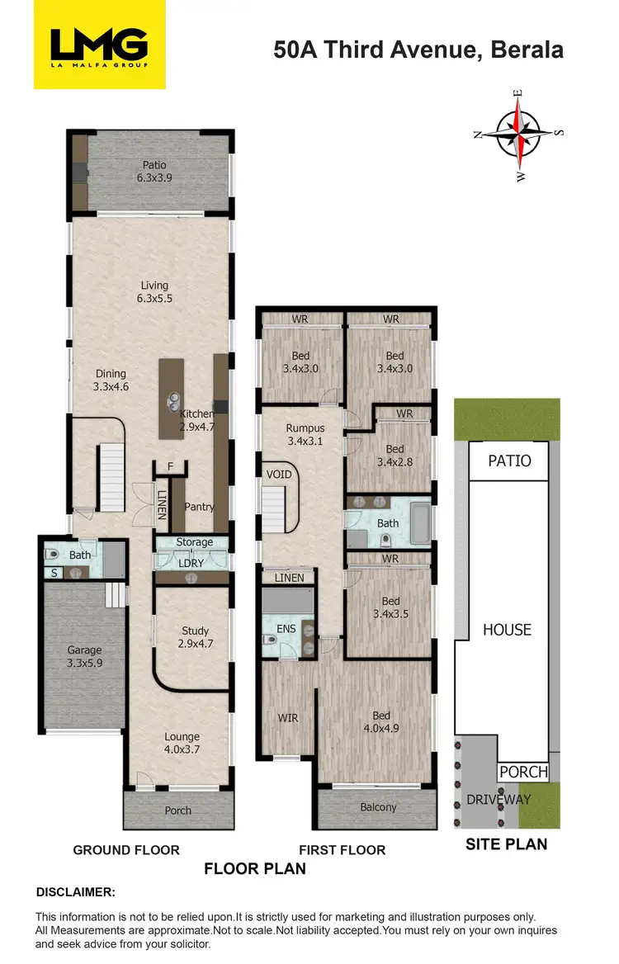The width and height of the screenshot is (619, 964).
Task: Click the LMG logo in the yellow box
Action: tap(98, 45)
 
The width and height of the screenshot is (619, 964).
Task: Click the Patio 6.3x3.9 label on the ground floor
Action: tap(154, 171)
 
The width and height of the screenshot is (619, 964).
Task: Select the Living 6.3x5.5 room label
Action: tap(154, 292)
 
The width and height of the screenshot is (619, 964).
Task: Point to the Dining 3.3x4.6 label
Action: tap(111, 378)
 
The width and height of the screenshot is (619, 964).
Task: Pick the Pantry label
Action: tap(199, 507)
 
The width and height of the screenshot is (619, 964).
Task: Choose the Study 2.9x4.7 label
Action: tap(195, 637)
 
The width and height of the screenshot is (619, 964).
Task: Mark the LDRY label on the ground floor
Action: tap(191, 562)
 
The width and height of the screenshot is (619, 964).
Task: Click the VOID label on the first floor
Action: tap(278, 475)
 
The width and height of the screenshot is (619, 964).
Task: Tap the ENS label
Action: tap(286, 629)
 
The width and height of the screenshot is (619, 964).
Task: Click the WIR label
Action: tap(287, 718)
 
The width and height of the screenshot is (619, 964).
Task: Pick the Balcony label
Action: tap(379, 807)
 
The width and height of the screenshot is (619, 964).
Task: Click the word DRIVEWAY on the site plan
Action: tap(499, 799)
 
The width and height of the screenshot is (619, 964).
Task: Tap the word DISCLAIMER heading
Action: tap(75, 892)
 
